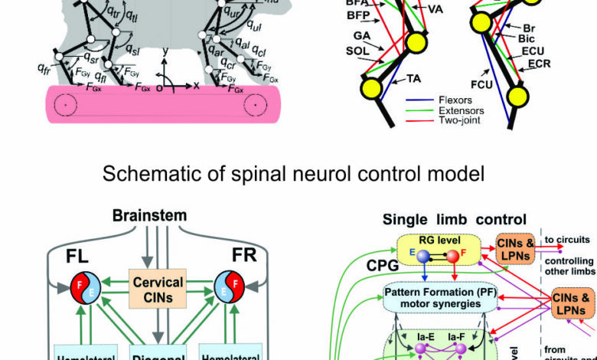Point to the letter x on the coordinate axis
[195, 83]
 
